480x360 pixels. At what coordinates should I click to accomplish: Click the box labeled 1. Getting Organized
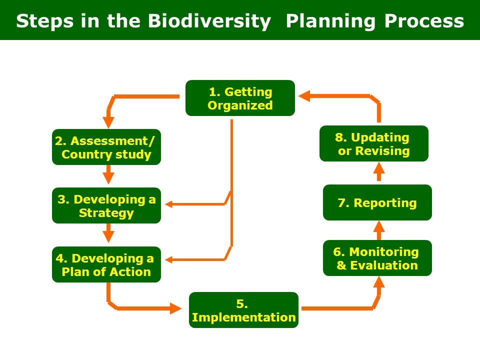click(x=240, y=98)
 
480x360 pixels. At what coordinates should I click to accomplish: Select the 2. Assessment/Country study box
click(x=106, y=147)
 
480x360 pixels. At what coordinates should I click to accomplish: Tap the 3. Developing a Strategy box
click(x=106, y=205)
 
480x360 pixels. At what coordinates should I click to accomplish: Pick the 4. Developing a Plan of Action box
click(x=106, y=264)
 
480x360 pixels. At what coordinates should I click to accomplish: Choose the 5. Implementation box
click(x=243, y=310)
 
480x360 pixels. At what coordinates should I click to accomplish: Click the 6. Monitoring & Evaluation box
click(x=377, y=258)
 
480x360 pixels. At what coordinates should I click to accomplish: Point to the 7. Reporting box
click(x=377, y=202)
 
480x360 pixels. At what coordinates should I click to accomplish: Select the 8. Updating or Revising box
click(x=374, y=143)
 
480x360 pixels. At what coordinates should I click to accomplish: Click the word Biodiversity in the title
click(x=209, y=21)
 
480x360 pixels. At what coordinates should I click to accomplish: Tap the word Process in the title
click(x=424, y=21)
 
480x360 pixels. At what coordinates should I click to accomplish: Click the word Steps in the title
click(x=44, y=21)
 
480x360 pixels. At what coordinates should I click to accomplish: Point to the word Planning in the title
click(x=330, y=21)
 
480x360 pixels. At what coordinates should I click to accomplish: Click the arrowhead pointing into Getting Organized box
click(x=304, y=96)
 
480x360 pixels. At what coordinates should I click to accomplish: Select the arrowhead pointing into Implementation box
click(x=175, y=308)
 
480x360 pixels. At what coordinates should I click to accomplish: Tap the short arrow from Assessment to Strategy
click(x=108, y=174)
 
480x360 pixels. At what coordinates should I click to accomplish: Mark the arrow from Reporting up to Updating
click(x=379, y=171)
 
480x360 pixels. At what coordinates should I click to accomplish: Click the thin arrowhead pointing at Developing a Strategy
click(x=169, y=204)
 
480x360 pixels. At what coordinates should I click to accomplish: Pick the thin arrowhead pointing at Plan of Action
click(x=169, y=260)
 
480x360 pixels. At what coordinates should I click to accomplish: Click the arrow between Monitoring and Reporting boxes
click(x=379, y=230)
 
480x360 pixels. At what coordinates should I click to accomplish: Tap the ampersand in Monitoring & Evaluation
click(x=341, y=265)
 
